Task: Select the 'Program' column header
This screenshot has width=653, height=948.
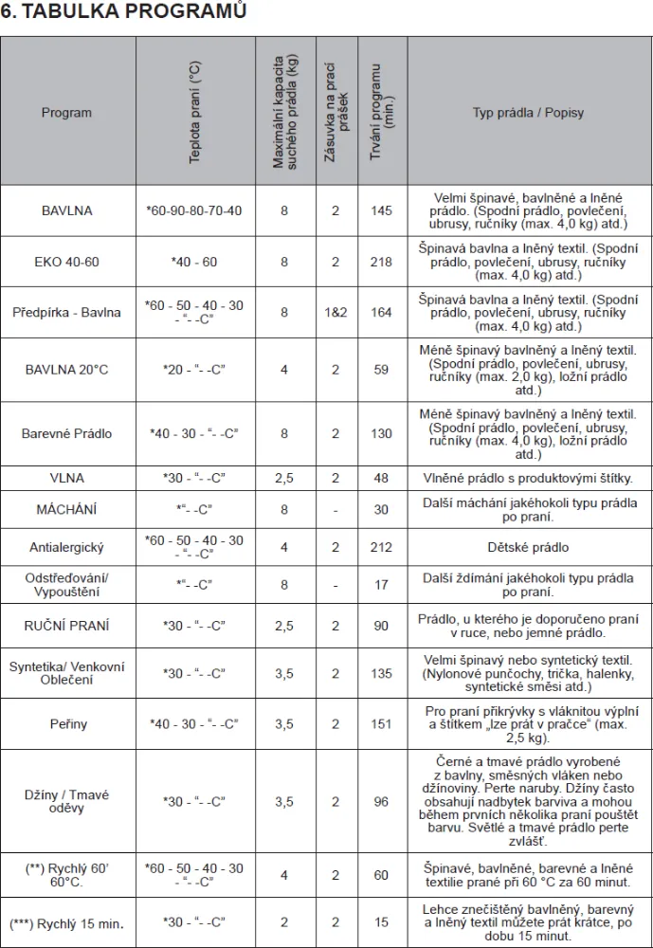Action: [67, 113]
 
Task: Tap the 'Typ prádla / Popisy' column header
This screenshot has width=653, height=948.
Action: [528, 113]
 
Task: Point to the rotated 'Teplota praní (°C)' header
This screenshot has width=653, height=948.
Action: [195, 113]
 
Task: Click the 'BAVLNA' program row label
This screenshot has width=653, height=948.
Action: [67, 210]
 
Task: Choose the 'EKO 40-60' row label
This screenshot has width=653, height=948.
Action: [67, 262]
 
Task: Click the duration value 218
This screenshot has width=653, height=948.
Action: [381, 262]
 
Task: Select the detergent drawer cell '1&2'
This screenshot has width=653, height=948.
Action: [335, 312]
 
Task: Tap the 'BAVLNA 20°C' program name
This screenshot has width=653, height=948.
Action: [67, 369]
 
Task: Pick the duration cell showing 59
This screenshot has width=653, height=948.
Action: [381, 369]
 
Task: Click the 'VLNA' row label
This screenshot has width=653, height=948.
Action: [67, 479]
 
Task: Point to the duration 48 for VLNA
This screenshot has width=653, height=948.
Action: [381, 479]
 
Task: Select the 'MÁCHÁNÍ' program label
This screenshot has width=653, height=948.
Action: [67, 509]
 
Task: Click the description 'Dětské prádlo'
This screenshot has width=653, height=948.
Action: [528, 548]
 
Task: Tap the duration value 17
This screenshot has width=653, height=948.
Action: [381, 585]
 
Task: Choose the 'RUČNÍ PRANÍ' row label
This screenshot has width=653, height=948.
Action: [67, 626]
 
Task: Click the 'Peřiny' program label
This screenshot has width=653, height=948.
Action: [67, 724]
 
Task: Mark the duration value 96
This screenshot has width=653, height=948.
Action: [381, 802]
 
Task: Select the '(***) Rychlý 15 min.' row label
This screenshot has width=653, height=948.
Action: [67, 922]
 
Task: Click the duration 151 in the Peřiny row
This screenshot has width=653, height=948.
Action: [381, 724]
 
